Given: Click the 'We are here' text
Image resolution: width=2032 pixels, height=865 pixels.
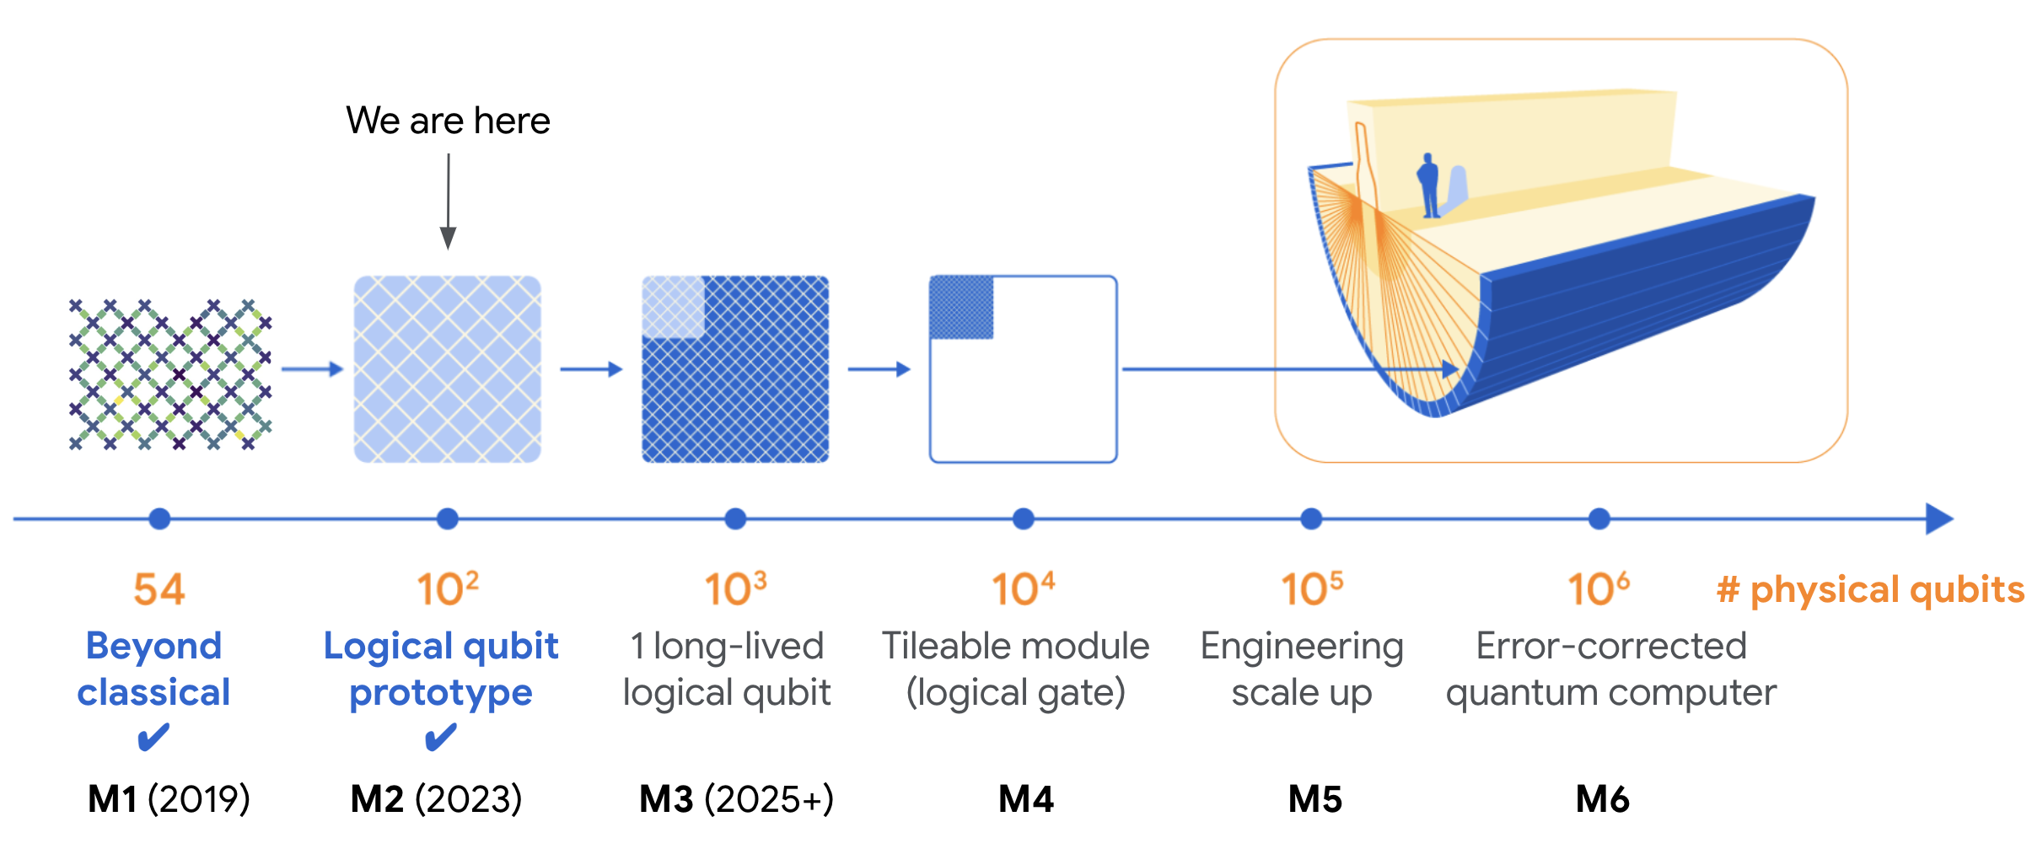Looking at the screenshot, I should [x=448, y=121].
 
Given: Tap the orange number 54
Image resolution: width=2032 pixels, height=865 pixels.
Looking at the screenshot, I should [x=159, y=589].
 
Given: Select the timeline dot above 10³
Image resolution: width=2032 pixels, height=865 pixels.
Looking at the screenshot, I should [x=735, y=518].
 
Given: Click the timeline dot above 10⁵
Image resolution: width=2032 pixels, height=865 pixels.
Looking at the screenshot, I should [x=1311, y=518].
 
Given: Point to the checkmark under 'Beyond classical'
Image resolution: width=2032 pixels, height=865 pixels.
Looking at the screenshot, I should [x=153, y=738].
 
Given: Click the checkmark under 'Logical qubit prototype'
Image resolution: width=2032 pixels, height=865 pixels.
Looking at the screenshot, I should [x=440, y=738].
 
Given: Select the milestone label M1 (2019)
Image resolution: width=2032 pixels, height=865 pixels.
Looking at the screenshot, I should [x=169, y=798].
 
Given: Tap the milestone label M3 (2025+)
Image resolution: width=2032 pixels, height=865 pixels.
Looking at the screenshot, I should [x=736, y=798].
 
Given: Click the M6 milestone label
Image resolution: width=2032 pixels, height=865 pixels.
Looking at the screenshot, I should [x=1602, y=798].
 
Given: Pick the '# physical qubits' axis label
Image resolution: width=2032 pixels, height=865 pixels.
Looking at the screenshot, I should [x=1870, y=589].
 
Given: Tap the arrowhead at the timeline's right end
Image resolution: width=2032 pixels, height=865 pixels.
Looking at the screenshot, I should [x=1939, y=518].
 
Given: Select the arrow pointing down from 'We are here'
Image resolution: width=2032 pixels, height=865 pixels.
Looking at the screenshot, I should [x=449, y=202].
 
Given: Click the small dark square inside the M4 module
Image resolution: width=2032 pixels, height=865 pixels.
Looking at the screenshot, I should [x=961, y=308].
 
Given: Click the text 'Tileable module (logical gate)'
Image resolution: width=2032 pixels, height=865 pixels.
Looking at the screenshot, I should [x=1015, y=669].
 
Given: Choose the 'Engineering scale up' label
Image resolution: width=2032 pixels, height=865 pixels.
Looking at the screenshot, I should [x=1302, y=669].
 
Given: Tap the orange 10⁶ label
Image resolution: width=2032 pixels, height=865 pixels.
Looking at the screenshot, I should [x=1598, y=589].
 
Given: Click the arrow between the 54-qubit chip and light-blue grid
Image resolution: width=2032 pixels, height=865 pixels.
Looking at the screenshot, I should [x=312, y=369].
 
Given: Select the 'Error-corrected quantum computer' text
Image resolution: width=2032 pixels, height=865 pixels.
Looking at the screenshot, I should [x=1610, y=669].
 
